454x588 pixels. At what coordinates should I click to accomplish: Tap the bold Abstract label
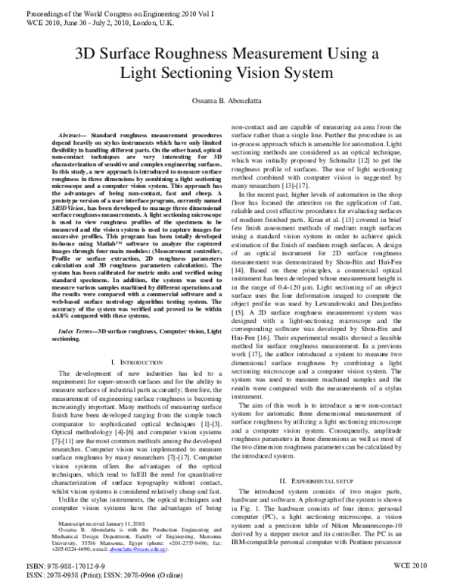[x=72, y=134]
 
